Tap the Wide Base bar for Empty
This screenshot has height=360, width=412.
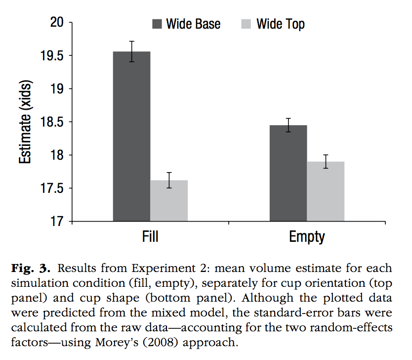(x=288, y=173)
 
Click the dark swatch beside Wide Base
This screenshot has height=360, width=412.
(x=157, y=24)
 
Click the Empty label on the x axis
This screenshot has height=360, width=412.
(x=307, y=237)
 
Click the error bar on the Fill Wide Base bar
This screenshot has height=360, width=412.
(x=132, y=51)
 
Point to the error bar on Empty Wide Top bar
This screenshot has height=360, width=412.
(x=326, y=161)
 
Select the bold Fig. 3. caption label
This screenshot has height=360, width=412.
(x=30, y=269)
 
